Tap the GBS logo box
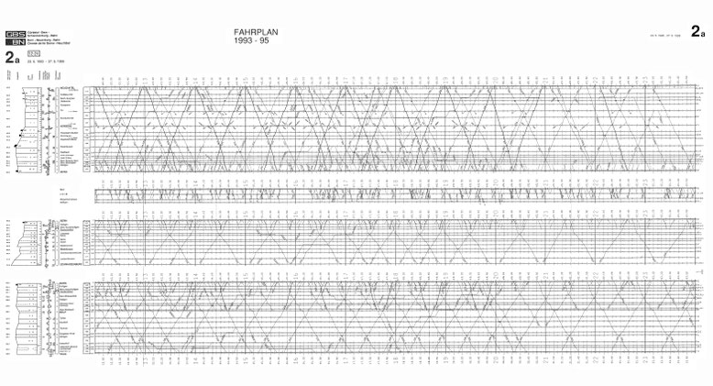pyautogui.click(x=14, y=34)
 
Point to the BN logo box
pyautogui.click(x=14, y=42)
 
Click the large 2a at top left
pyautogui.click(x=11, y=57)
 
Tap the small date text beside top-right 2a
pyautogui.click(x=663, y=33)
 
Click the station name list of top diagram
pyautogui.click(x=67, y=129)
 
